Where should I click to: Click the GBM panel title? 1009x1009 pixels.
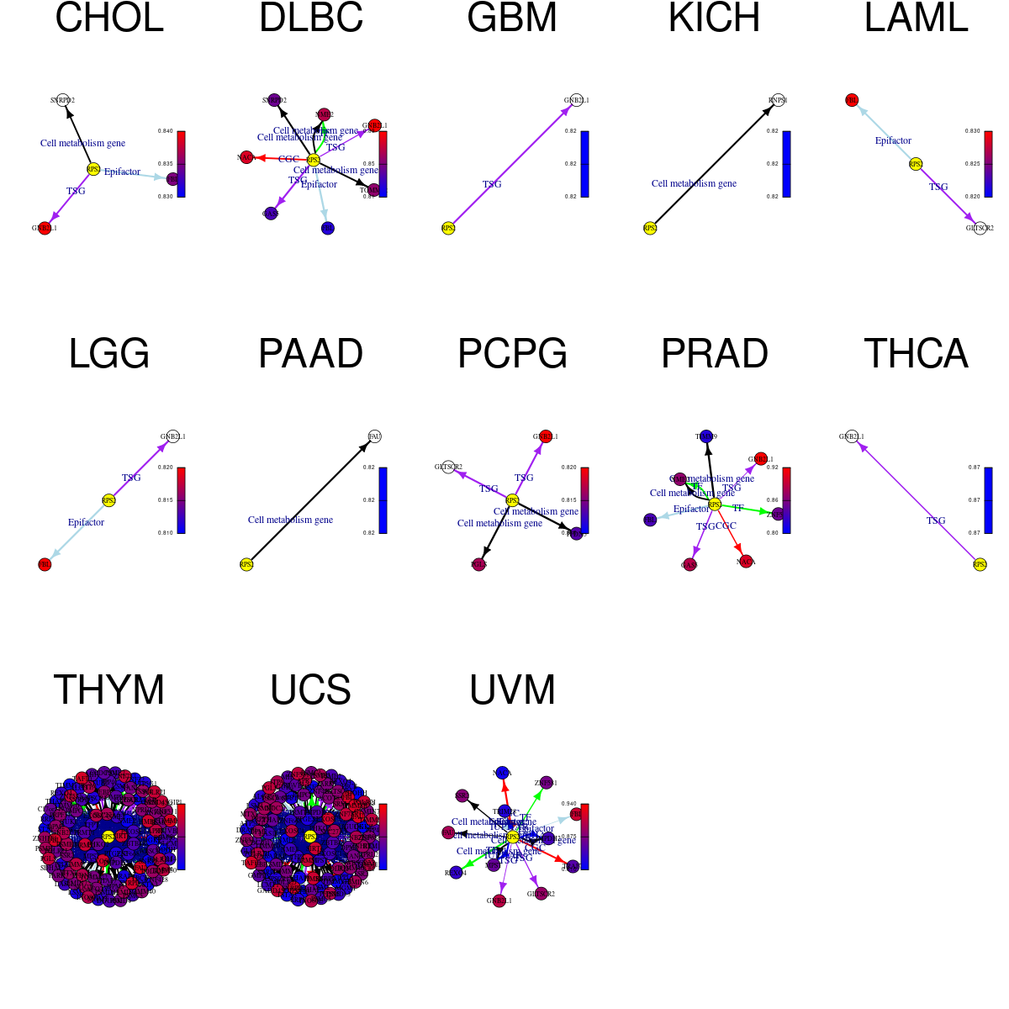(512, 18)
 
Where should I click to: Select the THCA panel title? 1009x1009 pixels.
(916, 354)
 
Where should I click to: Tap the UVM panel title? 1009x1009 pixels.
(512, 690)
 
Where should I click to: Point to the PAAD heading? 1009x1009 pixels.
(310, 354)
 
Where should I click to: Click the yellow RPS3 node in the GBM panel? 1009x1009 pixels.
(448, 228)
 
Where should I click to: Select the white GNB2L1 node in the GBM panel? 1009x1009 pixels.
(576, 100)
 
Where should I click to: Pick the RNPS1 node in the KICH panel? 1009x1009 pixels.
(778, 100)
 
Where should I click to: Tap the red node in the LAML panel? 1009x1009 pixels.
(852, 100)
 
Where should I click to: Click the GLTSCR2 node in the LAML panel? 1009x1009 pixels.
(980, 228)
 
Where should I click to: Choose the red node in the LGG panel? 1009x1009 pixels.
(45, 564)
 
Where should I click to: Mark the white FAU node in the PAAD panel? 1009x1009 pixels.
(374, 436)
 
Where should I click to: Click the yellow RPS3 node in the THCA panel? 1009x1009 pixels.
(980, 564)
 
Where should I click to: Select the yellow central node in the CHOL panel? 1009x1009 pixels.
(93, 169)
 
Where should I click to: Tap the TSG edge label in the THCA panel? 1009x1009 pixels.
(936, 520)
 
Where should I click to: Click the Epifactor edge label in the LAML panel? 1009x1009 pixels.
(893, 140)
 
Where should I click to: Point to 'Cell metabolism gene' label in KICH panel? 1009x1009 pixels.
(694, 183)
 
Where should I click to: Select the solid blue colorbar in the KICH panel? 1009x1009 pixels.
(786, 164)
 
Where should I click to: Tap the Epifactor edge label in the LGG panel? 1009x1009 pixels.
(86, 522)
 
